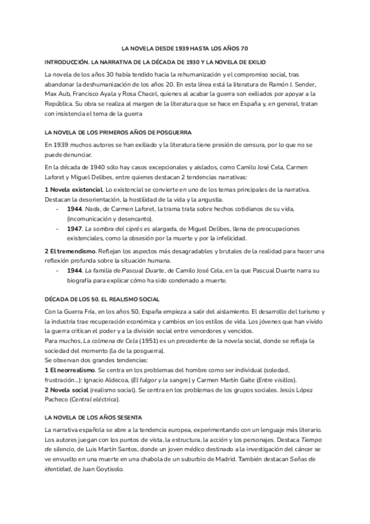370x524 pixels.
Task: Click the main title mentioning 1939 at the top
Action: coord(184,48)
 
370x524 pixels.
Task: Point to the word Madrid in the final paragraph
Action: coord(242,458)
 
